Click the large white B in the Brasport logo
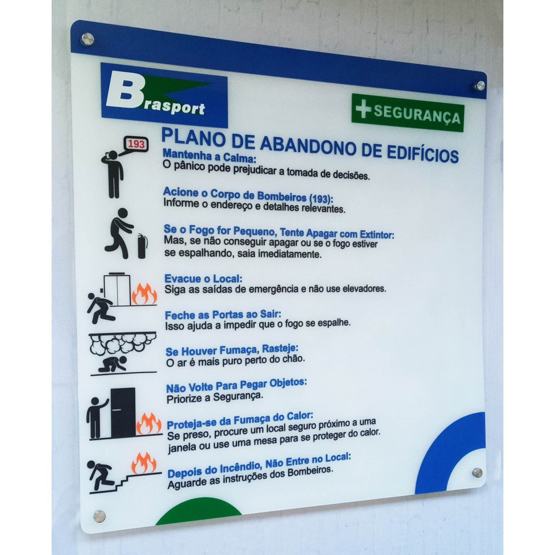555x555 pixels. tap(125, 91)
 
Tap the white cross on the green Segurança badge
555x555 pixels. tap(363, 108)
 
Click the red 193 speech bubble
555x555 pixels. tap(136, 144)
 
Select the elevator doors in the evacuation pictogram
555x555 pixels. tap(117, 289)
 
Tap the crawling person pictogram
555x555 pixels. tap(113, 364)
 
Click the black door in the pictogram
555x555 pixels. tap(123, 412)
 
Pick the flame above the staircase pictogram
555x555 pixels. tap(144, 463)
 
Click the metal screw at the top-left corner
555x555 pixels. tap(88, 39)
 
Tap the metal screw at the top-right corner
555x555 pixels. tap(480, 85)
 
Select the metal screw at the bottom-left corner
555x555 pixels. tap(99, 516)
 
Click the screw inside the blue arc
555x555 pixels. tap(477, 472)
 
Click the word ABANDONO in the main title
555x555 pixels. tap(308, 145)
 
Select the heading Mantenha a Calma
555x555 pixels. tap(209, 155)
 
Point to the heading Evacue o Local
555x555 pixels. tap(204, 279)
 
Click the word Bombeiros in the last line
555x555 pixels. tap(310, 472)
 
